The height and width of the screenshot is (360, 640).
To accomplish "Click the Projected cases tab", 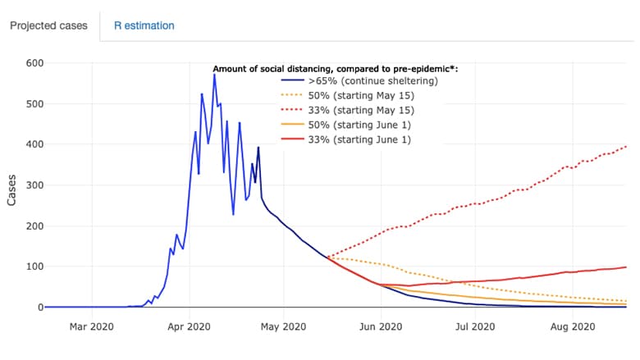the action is click(x=48, y=25).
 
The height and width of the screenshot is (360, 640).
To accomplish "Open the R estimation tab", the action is click(x=144, y=25).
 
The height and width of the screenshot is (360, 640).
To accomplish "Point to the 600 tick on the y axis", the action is click(x=34, y=63).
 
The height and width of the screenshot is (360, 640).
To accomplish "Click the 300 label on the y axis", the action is click(x=34, y=185).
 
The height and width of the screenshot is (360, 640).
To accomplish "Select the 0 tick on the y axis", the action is click(x=40, y=308).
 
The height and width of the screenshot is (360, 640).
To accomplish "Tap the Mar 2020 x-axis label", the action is click(x=91, y=326).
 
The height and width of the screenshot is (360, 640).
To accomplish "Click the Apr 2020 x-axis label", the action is click(x=189, y=326).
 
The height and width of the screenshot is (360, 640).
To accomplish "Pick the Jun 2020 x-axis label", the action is click(x=381, y=326).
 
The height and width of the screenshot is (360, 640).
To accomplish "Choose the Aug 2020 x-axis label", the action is click(x=573, y=326).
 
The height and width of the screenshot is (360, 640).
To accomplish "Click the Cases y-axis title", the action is click(x=11, y=190).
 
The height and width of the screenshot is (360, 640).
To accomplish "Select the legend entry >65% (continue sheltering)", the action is click(x=359, y=80).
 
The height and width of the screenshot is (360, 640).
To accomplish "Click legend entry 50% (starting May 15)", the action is click(x=348, y=95).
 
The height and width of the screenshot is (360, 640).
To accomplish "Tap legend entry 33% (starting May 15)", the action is click(x=348, y=110).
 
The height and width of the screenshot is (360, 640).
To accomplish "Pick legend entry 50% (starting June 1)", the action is click(x=346, y=125).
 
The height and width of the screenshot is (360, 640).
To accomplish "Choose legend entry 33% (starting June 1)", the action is click(x=346, y=139).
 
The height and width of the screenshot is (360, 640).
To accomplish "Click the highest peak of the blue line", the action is click(x=214, y=75).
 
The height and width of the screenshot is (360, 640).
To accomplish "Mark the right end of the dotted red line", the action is click(x=626, y=147).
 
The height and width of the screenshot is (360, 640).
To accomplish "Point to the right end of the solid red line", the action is click(x=626, y=267).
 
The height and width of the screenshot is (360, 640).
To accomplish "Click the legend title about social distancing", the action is click(x=335, y=69).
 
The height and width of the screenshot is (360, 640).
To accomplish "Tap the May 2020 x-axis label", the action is click(x=283, y=326).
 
